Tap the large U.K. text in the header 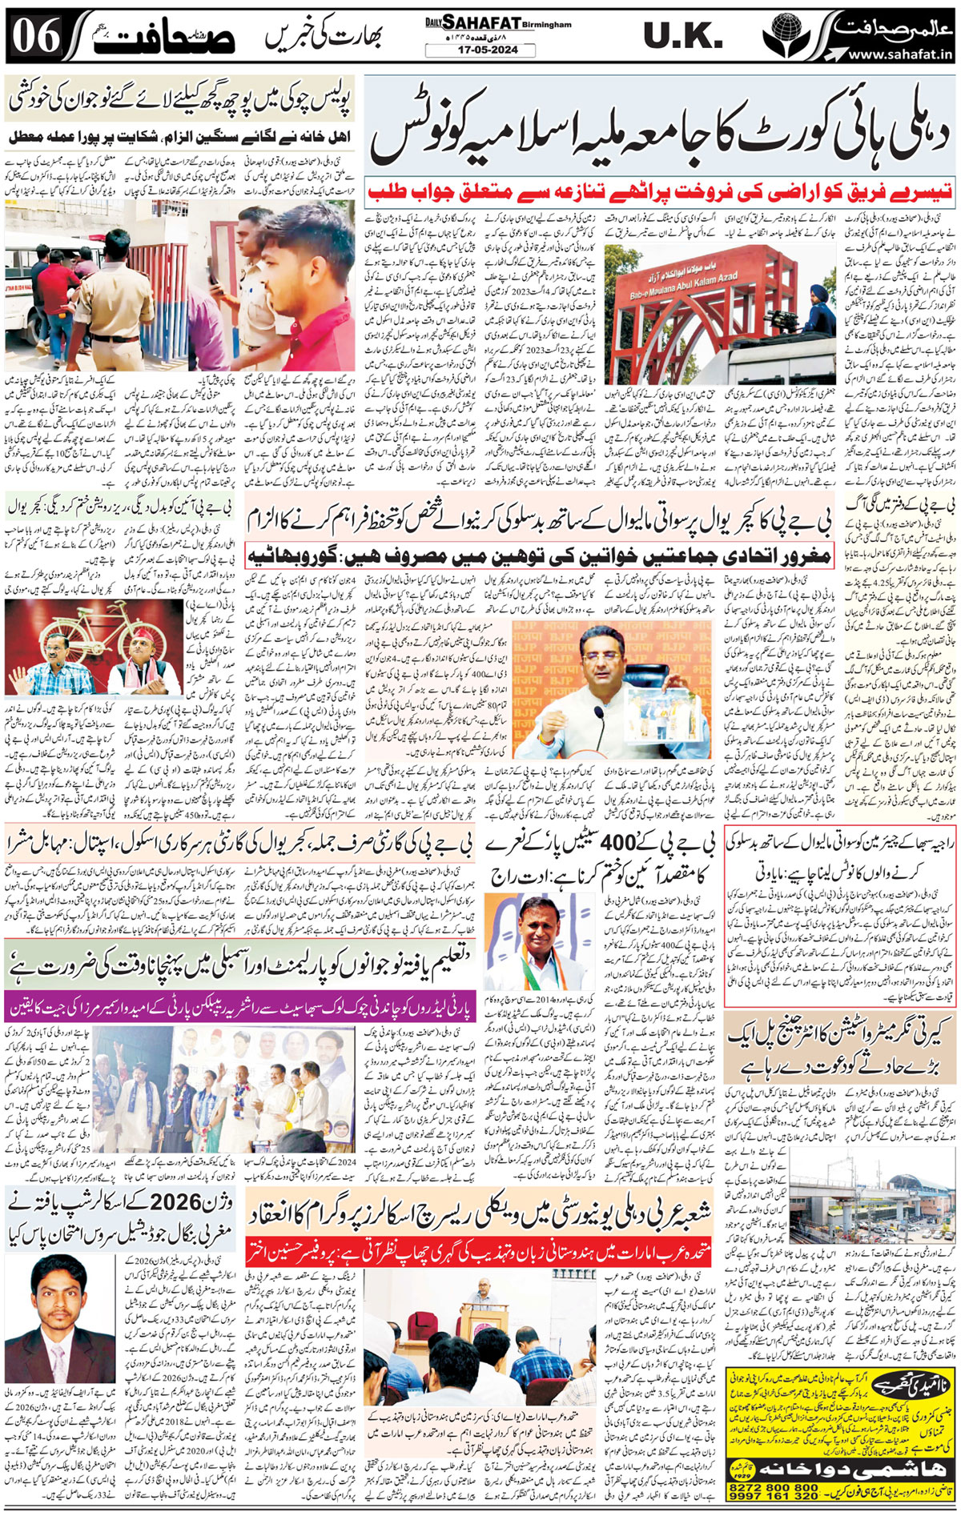pyautogui.click(x=682, y=36)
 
